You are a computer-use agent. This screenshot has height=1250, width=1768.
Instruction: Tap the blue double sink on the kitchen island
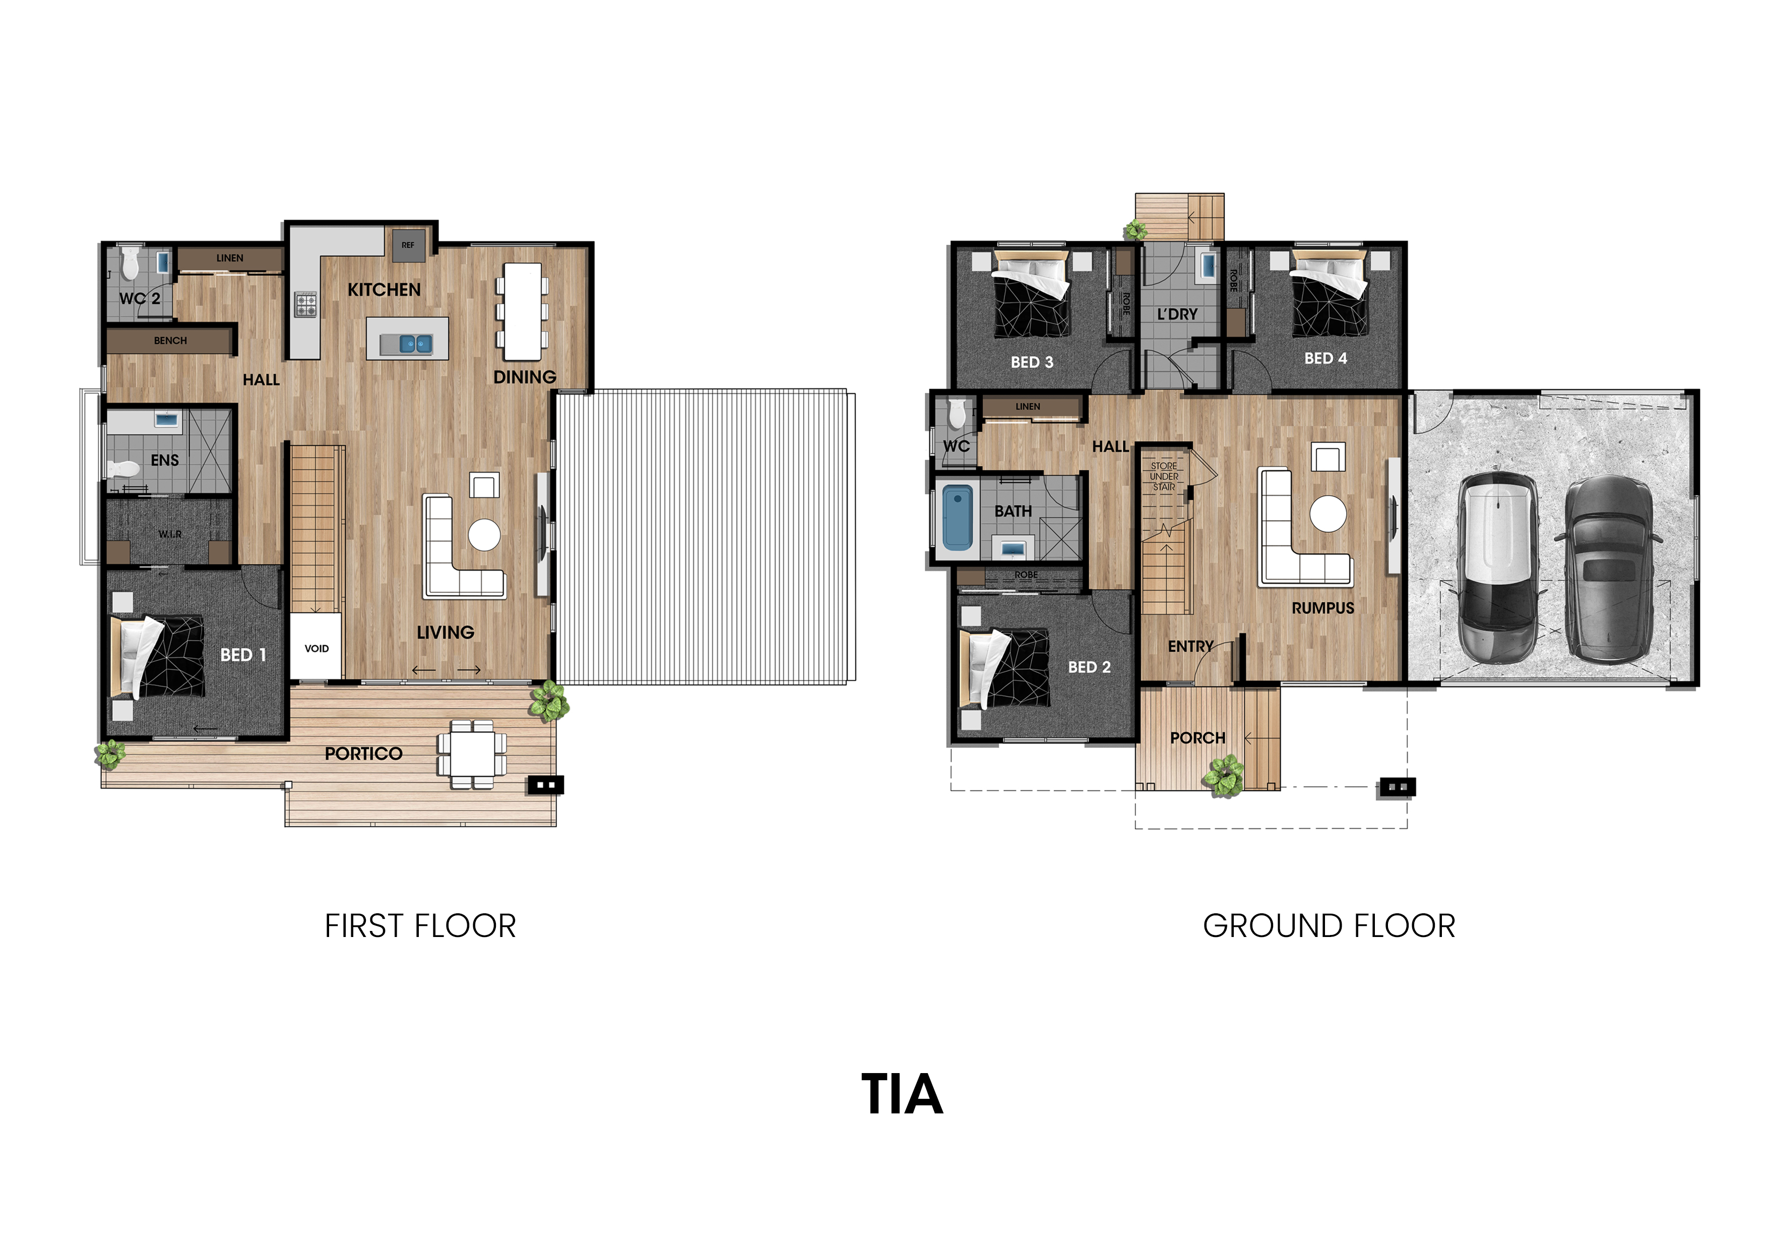416,344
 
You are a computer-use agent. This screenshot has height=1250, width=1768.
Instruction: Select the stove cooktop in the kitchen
306,304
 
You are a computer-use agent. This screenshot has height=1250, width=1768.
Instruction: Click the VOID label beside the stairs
317,649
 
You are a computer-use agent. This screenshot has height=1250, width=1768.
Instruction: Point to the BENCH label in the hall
170,340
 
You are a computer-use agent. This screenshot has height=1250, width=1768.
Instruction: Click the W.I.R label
170,534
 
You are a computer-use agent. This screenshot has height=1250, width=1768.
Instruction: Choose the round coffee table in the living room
484,534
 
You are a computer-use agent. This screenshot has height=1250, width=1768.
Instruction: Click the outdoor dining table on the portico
472,754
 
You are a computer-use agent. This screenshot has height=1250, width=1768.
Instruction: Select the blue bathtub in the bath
957,517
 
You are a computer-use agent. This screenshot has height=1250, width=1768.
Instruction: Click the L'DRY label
1177,314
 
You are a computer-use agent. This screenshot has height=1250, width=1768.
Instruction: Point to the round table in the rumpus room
1329,514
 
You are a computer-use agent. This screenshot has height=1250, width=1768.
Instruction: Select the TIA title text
902,1094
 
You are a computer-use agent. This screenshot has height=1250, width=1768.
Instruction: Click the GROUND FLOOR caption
1329,926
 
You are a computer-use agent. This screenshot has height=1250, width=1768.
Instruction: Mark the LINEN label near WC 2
229,258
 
